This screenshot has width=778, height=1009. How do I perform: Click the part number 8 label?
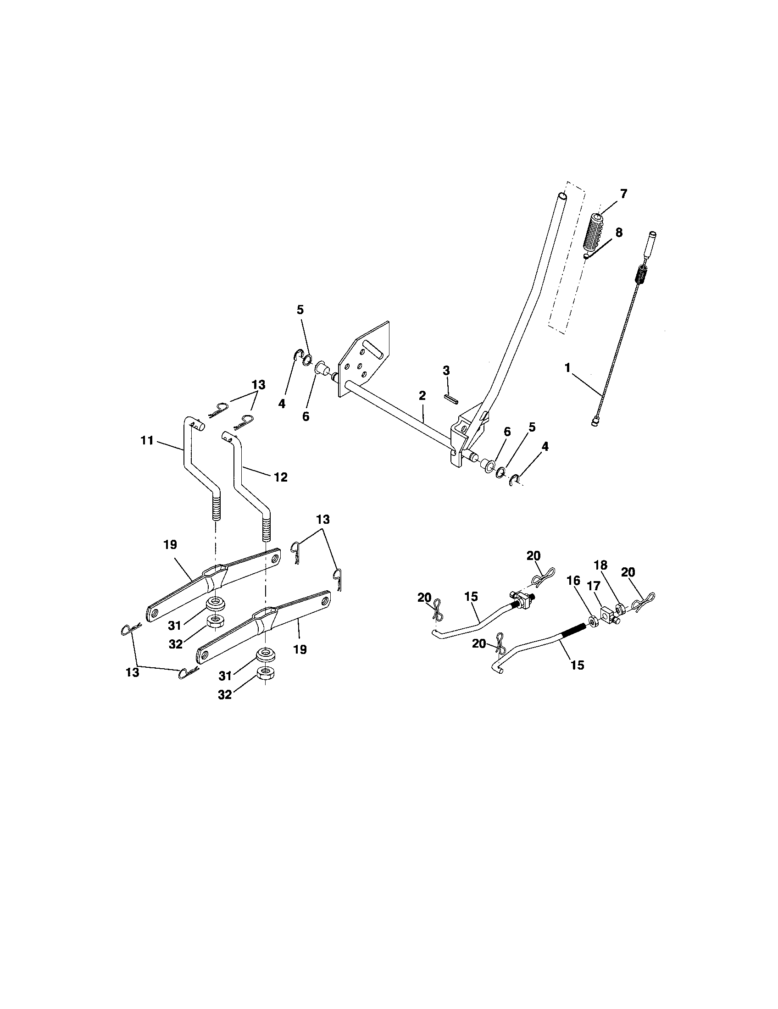[619, 233]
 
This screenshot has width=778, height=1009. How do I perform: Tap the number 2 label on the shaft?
[422, 395]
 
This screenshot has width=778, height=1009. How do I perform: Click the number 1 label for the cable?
[567, 368]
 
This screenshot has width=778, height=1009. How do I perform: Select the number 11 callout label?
[147, 441]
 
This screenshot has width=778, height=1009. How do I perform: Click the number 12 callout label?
[280, 477]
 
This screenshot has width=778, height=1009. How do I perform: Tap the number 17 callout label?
[594, 586]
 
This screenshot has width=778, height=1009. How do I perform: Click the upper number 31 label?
[175, 626]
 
